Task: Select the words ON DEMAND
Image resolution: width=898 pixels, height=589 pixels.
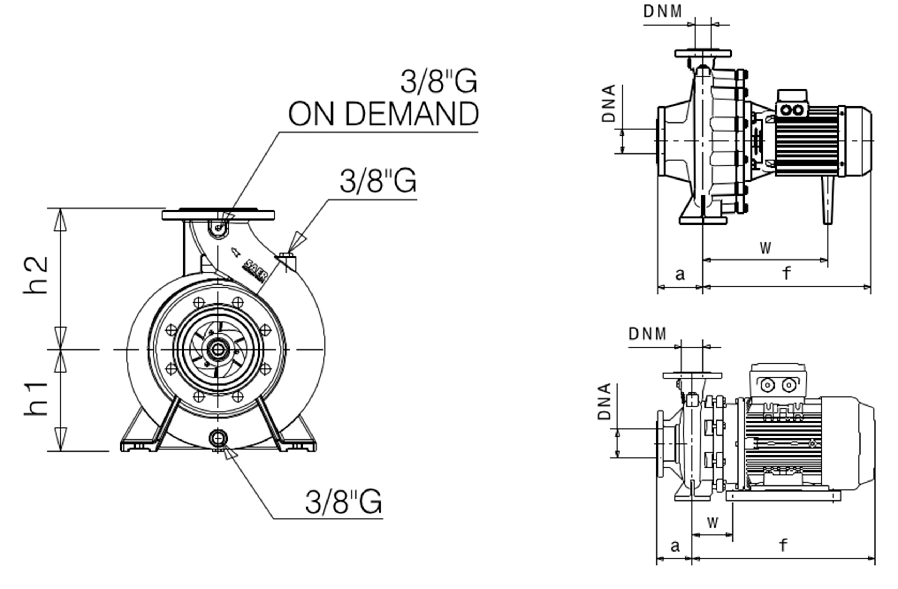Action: [383, 114]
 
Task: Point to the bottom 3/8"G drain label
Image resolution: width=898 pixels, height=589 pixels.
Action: [343, 502]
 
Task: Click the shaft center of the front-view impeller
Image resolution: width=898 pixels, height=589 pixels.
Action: [218, 349]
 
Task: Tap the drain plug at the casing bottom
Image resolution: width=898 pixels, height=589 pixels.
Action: [218, 438]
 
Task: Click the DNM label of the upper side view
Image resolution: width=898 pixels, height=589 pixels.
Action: [663, 12]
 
